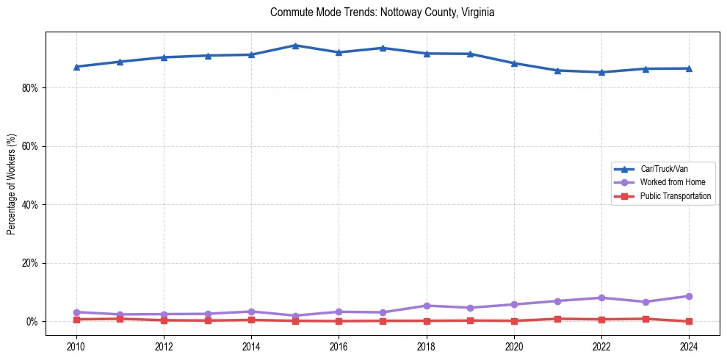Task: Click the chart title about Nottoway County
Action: tap(382, 12)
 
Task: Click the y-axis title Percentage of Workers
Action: tap(12, 184)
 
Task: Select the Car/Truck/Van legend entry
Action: tap(664, 169)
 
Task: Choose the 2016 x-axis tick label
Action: tap(339, 345)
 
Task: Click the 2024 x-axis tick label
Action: tap(689, 345)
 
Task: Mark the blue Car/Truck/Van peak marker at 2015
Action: tap(295, 46)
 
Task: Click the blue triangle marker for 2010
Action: tap(76, 67)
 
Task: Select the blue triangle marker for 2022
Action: tap(601, 72)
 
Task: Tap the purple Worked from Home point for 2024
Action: tap(689, 296)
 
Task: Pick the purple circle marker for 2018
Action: tap(427, 306)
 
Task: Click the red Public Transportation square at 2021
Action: tap(558, 319)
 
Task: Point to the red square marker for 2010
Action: tap(76, 320)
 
